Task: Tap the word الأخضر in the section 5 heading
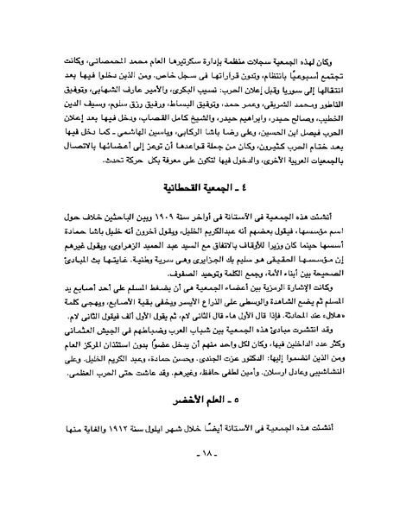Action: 183,426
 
